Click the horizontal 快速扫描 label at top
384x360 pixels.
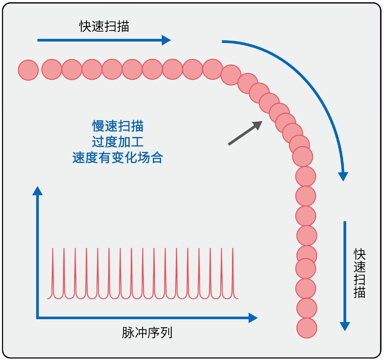click(x=104, y=27)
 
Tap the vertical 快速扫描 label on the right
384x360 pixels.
click(x=359, y=273)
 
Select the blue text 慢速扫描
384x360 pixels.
click(x=118, y=126)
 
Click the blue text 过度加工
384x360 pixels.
click(x=118, y=142)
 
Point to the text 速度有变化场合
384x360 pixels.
click(x=118, y=158)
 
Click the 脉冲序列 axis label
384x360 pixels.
click(x=147, y=333)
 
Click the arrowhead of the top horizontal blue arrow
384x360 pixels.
click(x=166, y=40)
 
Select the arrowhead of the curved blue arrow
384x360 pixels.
click(x=343, y=176)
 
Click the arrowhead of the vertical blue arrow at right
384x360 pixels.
click(x=345, y=326)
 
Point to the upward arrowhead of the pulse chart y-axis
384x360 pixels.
click(x=38, y=191)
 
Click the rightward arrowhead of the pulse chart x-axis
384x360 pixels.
click(x=253, y=318)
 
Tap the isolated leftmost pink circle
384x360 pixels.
click(x=28, y=70)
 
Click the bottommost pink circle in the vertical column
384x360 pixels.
click(x=307, y=328)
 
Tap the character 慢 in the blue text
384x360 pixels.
click(x=98, y=126)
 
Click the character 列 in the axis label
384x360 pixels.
click(x=166, y=333)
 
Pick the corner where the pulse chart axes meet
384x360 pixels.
click(x=38, y=318)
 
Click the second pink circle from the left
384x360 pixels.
click(x=52, y=69)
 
